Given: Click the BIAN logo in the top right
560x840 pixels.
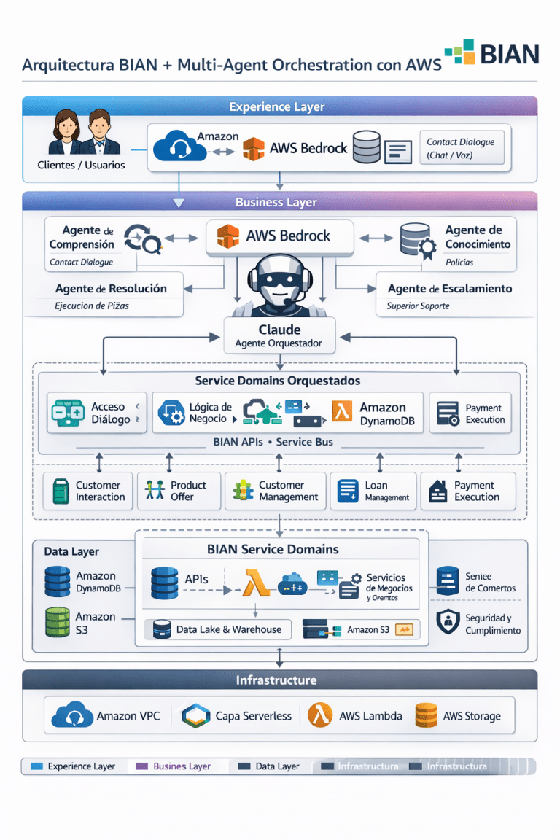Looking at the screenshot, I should [491, 54].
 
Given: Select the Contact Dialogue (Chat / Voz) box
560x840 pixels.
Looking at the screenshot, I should [460, 149].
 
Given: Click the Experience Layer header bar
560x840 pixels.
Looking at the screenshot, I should [279, 106].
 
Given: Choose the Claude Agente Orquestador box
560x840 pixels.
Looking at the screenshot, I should [280, 336].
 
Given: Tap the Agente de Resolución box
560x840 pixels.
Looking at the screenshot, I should [110, 295].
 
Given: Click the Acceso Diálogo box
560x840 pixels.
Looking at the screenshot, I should [96, 413].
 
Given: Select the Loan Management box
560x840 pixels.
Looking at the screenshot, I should [373, 491].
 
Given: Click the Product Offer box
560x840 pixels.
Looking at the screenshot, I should [179, 491].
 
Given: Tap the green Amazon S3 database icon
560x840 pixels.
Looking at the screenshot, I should [57, 622].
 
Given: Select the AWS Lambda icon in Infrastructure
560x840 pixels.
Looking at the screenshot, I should [320, 715].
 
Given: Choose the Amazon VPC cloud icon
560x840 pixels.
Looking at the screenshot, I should [72, 715].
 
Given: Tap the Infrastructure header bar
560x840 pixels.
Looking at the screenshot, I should [279, 680].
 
